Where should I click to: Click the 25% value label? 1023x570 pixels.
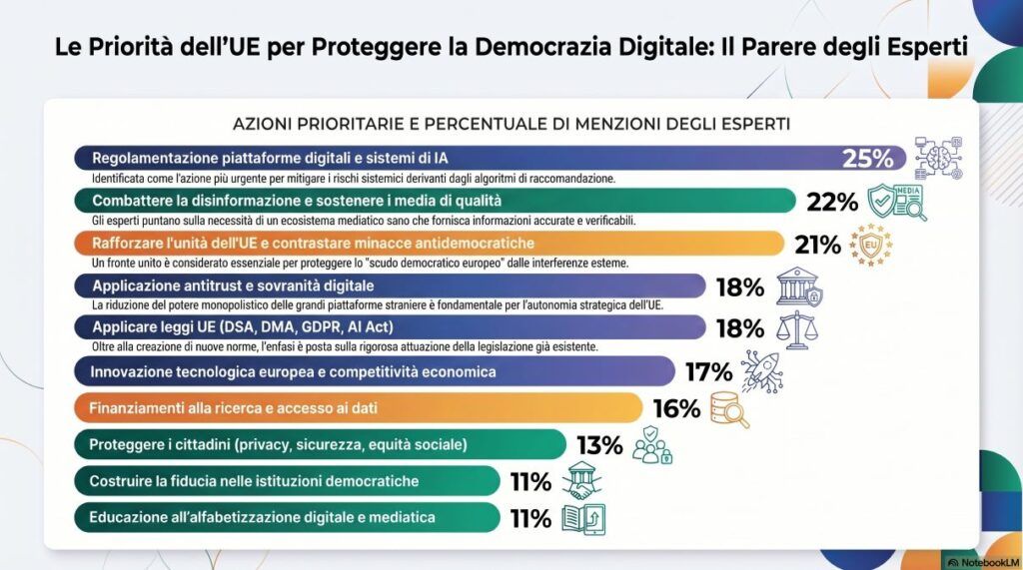(x=867, y=158)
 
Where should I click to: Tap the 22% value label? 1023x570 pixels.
(x=832, y=202)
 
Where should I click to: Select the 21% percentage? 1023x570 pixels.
(x=815, y=245)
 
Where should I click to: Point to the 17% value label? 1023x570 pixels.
(x=709, y=372)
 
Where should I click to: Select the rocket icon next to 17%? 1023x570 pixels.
(x=762, y=371)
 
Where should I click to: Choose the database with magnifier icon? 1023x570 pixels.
(x=728, y=409)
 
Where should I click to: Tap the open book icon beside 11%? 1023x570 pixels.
(x=583, y=519)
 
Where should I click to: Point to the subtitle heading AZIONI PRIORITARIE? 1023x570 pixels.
(x=511, y=124)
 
